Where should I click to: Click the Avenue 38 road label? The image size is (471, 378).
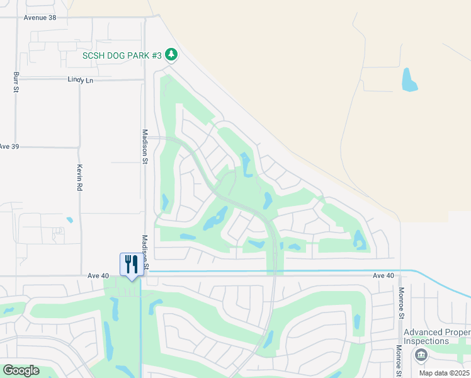(40, 18)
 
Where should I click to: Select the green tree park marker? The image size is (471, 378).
(171, 55)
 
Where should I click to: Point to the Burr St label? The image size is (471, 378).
(16, 83)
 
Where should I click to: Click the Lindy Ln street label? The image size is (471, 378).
(80, 80)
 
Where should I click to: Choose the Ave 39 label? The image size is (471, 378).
(9, 146)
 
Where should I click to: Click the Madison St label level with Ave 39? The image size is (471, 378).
(144, 146)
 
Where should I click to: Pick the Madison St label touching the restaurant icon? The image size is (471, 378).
(145, 253)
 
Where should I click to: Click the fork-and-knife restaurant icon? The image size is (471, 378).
(132, 264)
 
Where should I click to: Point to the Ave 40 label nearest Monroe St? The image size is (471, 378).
(383, 276)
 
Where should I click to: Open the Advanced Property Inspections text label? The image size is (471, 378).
(436, 336)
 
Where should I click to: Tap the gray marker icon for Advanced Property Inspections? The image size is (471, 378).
(421, 355)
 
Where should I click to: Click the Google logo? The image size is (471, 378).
(21, 370)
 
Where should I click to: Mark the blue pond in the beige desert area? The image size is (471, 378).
(409, 79)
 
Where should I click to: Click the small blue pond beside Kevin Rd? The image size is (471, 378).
(69, 220)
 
